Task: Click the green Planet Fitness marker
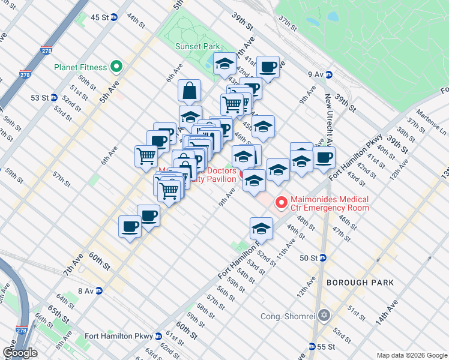(x=116, y=68)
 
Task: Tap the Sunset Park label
(x=197, y=46)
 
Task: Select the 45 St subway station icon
(x=114, y=17)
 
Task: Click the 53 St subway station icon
(x=53, y=98)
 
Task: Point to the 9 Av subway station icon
(x=328, y=74)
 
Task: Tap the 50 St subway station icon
(x=322, y=258)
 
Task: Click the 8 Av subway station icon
(x=99, y=291)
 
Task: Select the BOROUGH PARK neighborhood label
(x=360, y=282)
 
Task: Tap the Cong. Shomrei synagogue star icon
(x=324, y=316)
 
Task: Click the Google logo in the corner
(x=20, y=353)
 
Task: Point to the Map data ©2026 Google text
(x=411, y=355)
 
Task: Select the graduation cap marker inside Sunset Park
(x=224, y=64)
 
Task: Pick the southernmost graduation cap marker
(x=261, y=229)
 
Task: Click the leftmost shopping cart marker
(x=146, y=155)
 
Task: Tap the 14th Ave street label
(x=387, y=314)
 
